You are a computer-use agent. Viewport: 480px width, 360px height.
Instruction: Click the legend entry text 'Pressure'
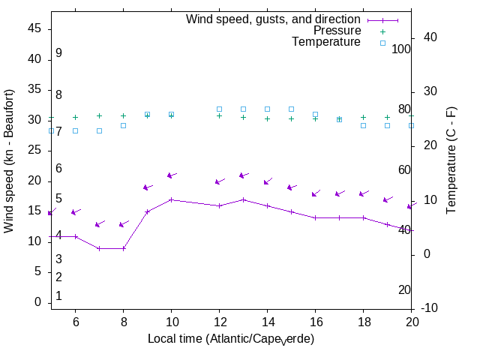point(337,31)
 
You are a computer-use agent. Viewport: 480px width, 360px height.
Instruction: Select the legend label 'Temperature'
point(326,42)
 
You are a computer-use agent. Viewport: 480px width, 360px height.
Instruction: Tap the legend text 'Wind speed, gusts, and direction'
point(274,19)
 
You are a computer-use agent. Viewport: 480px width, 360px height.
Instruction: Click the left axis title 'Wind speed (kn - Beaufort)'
point(10,160)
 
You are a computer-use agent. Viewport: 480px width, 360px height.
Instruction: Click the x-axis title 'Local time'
point(231,339)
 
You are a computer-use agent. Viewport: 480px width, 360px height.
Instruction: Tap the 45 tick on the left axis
point(35,28)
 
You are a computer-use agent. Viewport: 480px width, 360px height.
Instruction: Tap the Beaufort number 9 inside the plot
point(58,53)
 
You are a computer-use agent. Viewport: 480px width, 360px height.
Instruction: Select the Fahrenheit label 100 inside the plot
point(401,49)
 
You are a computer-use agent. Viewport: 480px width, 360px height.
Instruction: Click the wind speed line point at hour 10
point(171,199)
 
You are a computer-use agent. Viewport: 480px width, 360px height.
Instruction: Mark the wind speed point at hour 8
point(123,248)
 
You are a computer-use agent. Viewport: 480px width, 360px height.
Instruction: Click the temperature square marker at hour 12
point(219,109)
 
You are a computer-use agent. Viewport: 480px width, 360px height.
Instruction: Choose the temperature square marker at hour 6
point(75,130)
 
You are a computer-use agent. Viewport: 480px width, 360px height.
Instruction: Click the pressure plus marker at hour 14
point(267,118)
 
